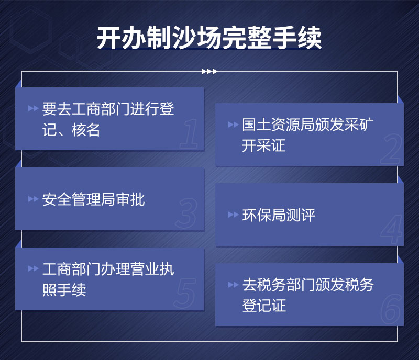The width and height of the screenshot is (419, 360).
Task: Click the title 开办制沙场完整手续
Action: coord(210,38)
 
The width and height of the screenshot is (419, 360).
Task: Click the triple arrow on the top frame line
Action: coord(209,71)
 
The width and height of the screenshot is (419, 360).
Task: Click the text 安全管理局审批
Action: coord(94,199)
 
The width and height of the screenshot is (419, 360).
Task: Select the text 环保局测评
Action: coord(279,215)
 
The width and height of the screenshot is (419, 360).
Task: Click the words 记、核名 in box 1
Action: coord(71,130)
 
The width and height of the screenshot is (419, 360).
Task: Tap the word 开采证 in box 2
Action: coord(264,145)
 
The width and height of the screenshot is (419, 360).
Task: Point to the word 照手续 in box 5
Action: coord(64,289)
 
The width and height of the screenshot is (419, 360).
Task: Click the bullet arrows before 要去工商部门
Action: coord(33,109)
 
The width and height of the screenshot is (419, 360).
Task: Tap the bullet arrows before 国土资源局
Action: coord(233,125)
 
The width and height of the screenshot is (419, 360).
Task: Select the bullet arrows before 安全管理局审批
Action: coord(33,199)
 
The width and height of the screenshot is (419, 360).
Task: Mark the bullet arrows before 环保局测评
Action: coord(233,215)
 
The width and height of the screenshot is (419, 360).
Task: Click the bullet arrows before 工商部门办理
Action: coord(33,269)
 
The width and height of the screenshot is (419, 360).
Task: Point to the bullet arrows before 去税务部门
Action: coord(233,285)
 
